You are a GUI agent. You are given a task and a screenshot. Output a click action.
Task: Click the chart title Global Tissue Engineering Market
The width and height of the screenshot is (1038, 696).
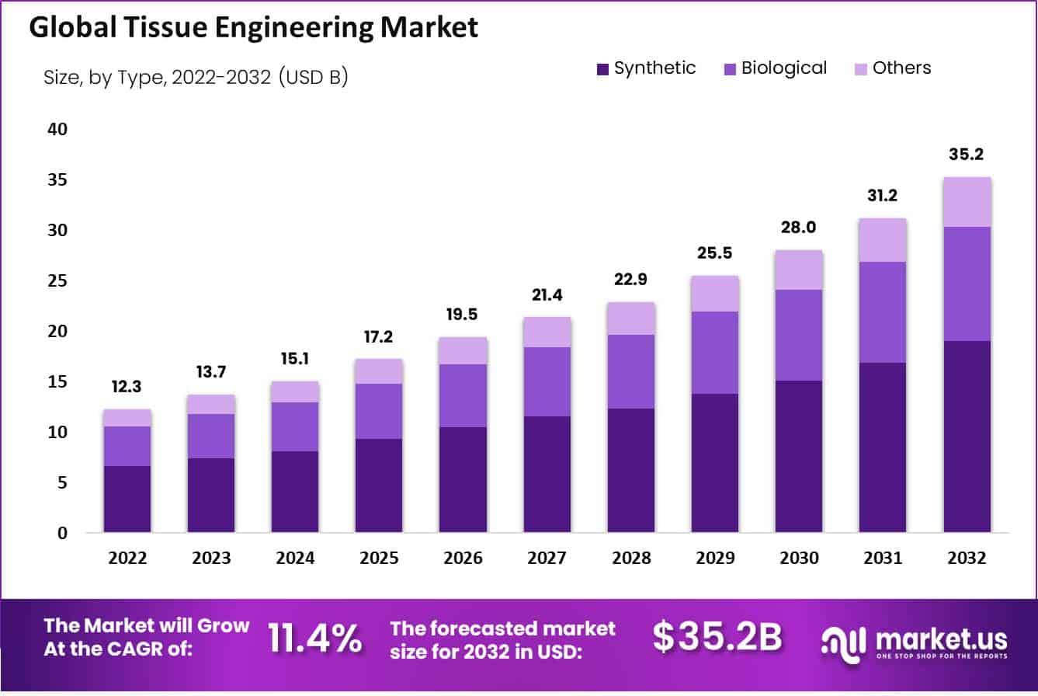253,27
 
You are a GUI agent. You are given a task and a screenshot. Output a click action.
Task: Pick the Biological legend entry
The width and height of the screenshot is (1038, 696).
775,68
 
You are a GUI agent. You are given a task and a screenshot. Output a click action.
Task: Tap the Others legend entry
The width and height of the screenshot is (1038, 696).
892,68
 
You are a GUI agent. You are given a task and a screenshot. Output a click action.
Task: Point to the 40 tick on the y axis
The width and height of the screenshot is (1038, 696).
58,130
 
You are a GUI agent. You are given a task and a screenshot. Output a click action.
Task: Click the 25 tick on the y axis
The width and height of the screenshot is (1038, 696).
58,281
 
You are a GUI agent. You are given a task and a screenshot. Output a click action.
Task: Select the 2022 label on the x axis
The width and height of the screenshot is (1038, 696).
127,559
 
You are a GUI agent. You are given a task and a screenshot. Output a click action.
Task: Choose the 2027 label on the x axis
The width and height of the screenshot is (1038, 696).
547,559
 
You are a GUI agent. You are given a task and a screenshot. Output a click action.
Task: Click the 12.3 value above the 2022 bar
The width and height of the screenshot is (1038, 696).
127,387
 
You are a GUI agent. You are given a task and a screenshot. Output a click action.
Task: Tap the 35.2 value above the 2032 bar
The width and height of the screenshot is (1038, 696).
967,155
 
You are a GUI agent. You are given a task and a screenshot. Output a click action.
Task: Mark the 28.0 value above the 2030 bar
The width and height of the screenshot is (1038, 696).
799,228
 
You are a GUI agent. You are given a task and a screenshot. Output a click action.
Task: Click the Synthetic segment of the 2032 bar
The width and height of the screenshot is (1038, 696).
967,436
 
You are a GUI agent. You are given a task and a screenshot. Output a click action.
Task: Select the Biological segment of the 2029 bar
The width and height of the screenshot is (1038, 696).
715,353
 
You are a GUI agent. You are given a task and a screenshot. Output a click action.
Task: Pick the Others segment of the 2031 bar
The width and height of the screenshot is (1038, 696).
883,240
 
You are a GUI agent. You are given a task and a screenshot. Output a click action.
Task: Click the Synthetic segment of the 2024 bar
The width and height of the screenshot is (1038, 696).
295,491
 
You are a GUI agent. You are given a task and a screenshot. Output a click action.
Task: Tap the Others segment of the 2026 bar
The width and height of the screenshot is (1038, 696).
463,350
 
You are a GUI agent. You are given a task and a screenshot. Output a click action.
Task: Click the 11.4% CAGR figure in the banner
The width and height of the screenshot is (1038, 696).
315,638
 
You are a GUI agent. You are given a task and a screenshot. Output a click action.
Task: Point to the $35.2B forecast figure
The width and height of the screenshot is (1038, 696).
717,637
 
